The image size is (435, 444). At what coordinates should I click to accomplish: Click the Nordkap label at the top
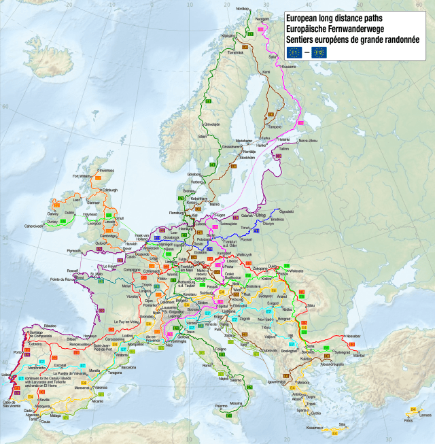(242, 9)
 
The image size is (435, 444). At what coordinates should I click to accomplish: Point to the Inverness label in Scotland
(107, 171)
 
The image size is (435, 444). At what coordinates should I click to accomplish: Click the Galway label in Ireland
(53, 213)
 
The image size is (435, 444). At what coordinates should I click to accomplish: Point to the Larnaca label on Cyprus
(425, 415)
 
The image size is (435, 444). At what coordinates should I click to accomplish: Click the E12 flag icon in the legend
(319, 52)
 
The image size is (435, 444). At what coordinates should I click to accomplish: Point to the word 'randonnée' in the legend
(396, 40)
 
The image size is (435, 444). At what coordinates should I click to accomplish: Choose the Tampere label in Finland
(275, 126)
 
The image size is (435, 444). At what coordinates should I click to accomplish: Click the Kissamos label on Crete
(315, 428)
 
